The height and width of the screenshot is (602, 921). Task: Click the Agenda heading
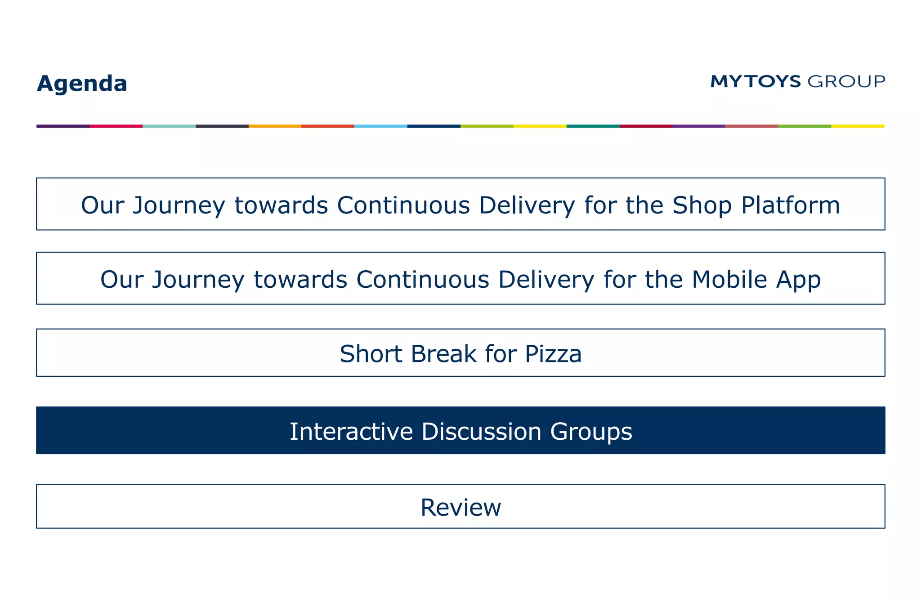click(x=82, y=84)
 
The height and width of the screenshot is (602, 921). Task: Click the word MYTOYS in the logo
click(x=756, y=81)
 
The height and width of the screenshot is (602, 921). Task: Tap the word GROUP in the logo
click(x=846, y=81)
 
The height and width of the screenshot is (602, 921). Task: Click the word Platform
click(x=791, y=205)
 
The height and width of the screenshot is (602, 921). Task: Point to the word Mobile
click(x=729, y=280)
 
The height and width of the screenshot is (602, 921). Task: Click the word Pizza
click(x=553, y=354)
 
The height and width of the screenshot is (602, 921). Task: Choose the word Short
click(x=371, y=354)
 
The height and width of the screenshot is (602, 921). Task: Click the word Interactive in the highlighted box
click(x=351, y=432)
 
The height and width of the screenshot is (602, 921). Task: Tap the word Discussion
click(x=481, y=432)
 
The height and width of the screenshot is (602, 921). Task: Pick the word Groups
click(x=591, y=432)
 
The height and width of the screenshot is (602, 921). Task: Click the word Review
click(x=460, y=508)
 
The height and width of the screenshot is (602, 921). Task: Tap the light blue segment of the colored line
click(x=380, y=126)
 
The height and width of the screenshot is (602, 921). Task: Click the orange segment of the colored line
click(x=275, y=126)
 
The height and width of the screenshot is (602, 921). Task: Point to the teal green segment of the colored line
click(x=593, y=126)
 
